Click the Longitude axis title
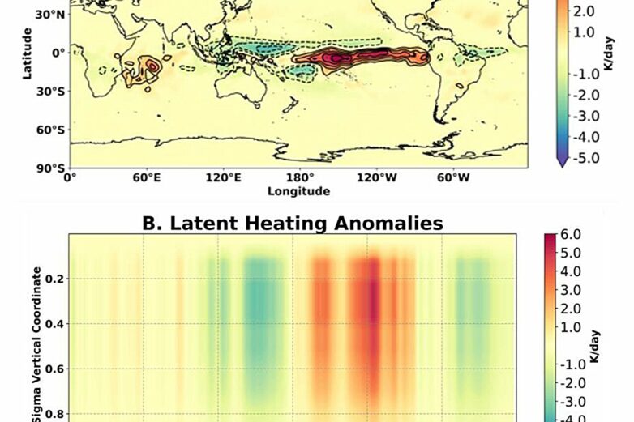tap(299, 191)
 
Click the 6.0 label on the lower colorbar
tap(572, 236)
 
